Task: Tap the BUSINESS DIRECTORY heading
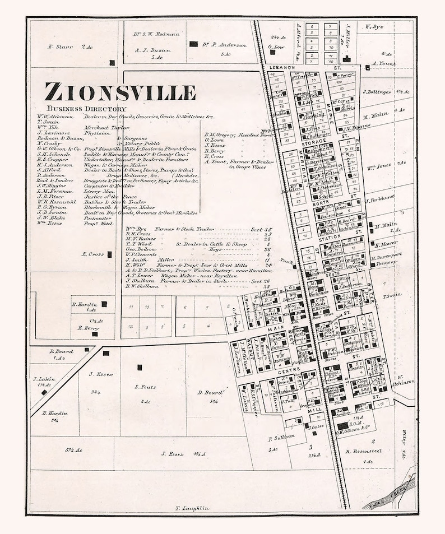(x=86, y=109)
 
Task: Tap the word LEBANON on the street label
(x=282, y=67)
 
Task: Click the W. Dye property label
(x=375, y=26)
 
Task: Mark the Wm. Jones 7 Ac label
(x=383, y=164)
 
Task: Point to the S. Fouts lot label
(x=145, y=387)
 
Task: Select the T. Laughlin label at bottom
(x=192, y=508)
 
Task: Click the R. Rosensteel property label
(x=363, y=451)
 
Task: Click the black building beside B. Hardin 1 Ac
(x=104, y=304)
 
